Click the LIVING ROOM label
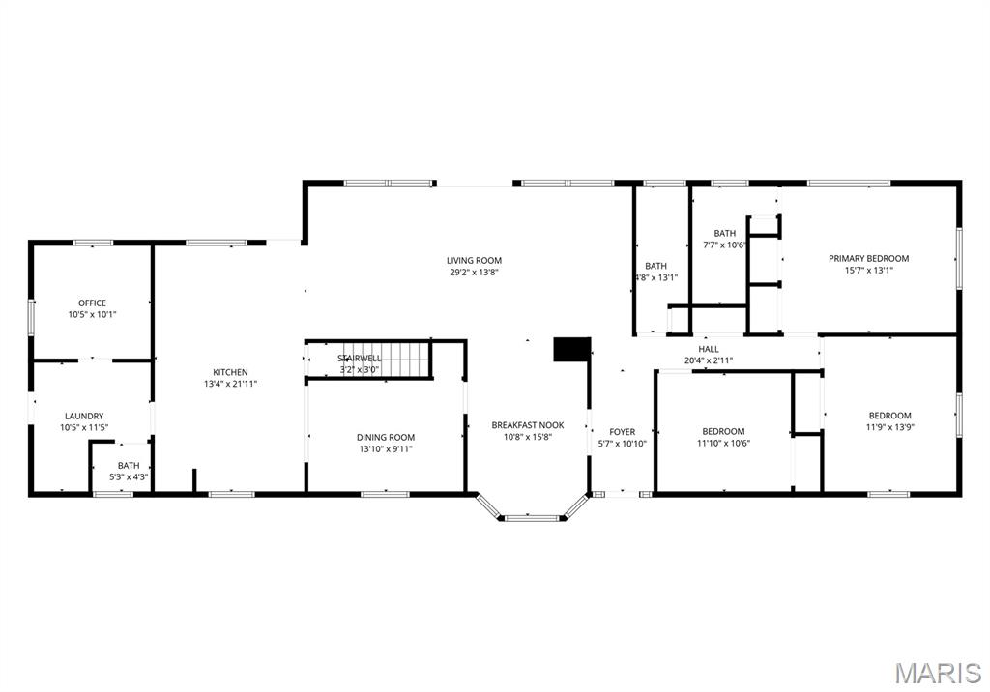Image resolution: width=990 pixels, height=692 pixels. (474, 260)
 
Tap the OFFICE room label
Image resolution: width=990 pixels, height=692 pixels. (92, 303)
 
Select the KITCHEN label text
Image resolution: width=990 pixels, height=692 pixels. (230, 372)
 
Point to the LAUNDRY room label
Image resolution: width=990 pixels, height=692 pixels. (84, 417)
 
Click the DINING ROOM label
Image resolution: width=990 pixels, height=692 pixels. (386, 438)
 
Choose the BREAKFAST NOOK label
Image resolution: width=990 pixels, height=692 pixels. (527, 425)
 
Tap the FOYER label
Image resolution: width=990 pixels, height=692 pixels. (622, 432)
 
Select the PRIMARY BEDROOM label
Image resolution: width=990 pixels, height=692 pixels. (868, 258)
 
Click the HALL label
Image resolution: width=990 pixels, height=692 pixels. (709, 349)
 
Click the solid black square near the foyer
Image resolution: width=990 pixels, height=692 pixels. (571, 349)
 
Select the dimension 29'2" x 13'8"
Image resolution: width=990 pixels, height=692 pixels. (474, 273)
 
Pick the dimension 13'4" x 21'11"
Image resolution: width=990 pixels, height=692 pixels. (230, 385)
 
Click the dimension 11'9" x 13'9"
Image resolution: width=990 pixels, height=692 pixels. (889, 428)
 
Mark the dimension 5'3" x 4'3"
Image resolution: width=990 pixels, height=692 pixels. (129, 476)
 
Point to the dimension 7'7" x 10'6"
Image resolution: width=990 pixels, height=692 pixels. (724, 245)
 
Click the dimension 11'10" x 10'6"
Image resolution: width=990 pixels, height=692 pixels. (723, 444)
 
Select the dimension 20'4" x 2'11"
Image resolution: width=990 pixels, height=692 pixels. (709, 360)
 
